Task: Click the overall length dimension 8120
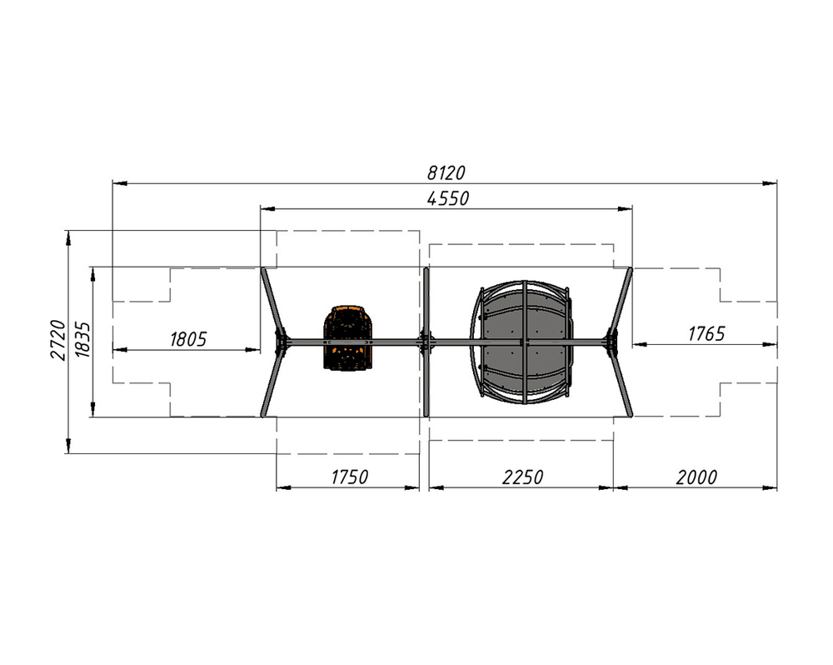pos(446,172)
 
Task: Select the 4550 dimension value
pos(448,198)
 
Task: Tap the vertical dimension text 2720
pos(58,340)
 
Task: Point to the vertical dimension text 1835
pos(82,340)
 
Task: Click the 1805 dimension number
pos(188,339)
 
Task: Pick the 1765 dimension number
pos(706,334)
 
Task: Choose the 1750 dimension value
pos(350,477)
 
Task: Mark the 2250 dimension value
pos(523,477)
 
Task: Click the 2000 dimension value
pos(696,477)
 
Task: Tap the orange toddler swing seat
pos(348,337)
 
